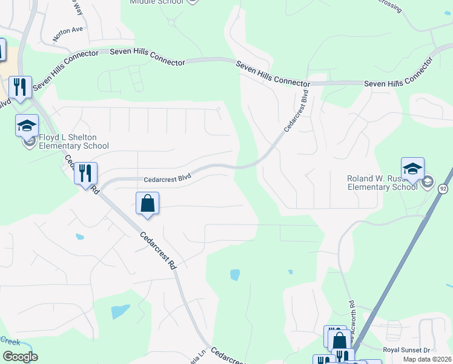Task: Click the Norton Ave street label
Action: [67, 33]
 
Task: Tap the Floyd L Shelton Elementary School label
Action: [73, 142]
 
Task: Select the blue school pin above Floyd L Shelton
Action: [27, 125]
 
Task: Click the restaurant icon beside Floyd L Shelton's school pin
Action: [21, 87]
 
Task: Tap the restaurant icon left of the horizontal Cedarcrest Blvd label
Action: [85, 173]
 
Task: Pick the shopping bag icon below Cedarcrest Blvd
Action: [148, 203]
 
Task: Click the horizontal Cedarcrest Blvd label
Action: [167, 178]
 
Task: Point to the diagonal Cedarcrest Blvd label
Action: [297, 110]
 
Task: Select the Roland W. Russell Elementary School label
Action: [382, 183]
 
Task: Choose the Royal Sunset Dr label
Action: [406, 350]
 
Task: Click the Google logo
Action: [20, 357]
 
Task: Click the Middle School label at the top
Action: [156, 2]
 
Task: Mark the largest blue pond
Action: [121, 312]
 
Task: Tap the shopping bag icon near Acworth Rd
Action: [340, 342]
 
